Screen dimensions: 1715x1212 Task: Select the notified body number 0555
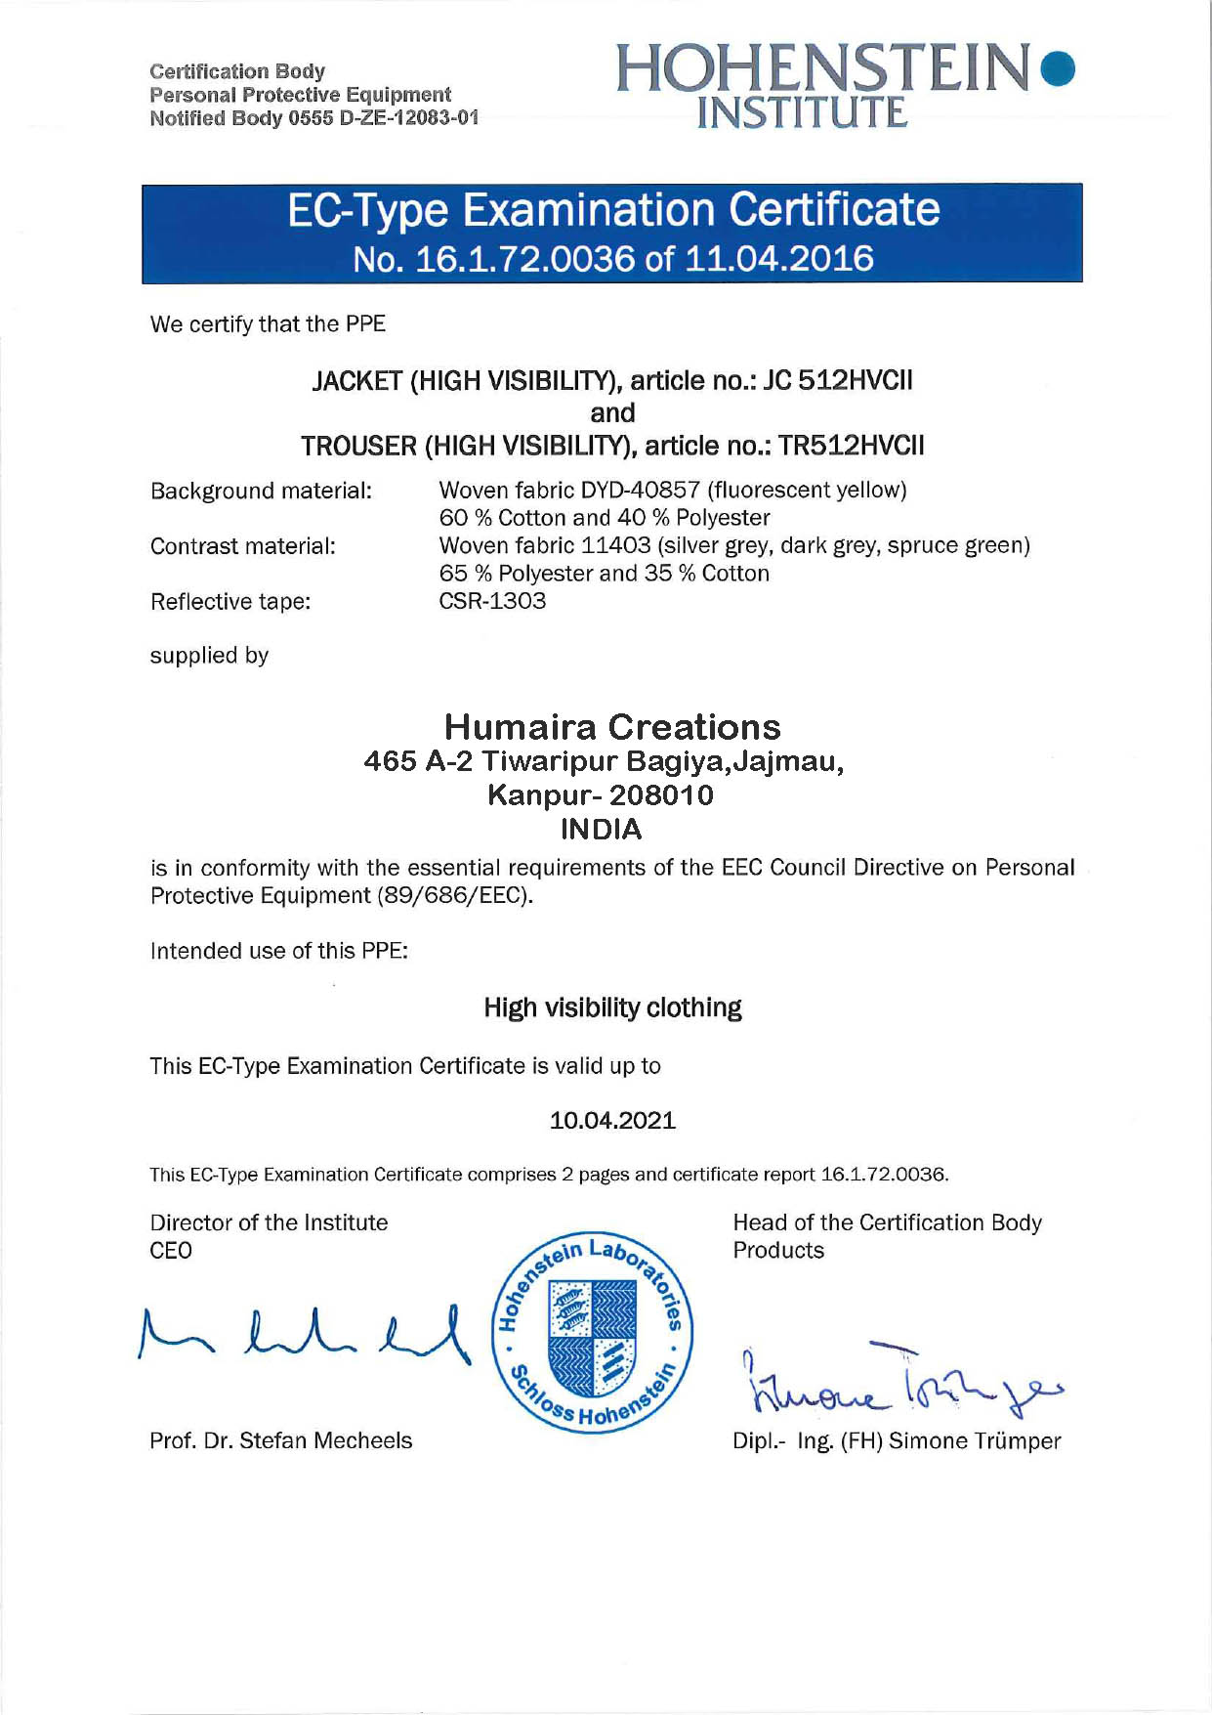pyautogui.click(x=310, y=119)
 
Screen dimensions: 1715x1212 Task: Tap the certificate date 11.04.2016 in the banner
pyautogui.click(x=778, y=259)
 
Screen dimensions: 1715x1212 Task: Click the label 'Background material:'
pyautogui.click(x=261, y=491)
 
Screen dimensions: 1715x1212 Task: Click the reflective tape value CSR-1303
pyautogui.click(x=492, y=601)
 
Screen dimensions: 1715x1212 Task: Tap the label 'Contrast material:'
pyautogui.click(x=242, y=546)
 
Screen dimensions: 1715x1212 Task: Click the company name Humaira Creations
pyautogui.click(x=612, y=727)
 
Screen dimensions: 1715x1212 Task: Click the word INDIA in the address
pyautogui.click(x=602, y=830)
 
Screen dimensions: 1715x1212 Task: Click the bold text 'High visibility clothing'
pyautogui.click(x=612, y=1008)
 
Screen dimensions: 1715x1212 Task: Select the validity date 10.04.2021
pyautogui.click(x=612, y=1121)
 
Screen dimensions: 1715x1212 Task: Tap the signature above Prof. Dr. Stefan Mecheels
pyautogui.click(x=303, y=1335)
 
